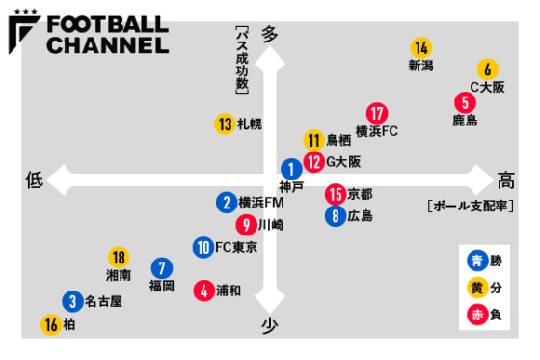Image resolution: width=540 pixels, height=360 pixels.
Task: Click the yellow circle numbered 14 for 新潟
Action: (x=420, y=47)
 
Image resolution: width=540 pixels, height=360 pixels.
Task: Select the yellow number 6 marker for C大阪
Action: (x=488, y=69)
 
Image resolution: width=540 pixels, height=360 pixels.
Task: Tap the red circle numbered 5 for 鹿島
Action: (x=466, y=102)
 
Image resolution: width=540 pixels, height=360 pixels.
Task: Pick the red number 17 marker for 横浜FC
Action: (x=377, y=113)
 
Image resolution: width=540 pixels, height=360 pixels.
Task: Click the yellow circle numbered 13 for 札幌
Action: (x=224, y=124)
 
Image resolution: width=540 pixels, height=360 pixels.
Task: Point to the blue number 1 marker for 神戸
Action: (x=291, y=168)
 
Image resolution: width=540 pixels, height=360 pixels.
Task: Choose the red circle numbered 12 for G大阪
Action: (x=313, y=161)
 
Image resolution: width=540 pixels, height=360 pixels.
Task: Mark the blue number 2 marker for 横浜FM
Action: (x=225, y=203)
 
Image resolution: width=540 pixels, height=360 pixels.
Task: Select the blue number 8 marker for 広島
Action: (x=335, y=216)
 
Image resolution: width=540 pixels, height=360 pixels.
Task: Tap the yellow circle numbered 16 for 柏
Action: (x=50, y=325)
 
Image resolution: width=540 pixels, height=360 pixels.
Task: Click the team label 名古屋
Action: (x=103, y=301)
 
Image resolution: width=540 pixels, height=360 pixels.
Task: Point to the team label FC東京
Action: (x=236, y=247)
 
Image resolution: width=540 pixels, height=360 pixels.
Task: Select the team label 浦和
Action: (x=229, y=289)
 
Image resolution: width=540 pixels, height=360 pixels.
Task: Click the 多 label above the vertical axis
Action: (x=269, y=34)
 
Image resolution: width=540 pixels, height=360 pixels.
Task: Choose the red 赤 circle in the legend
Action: (x=475, y=313)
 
